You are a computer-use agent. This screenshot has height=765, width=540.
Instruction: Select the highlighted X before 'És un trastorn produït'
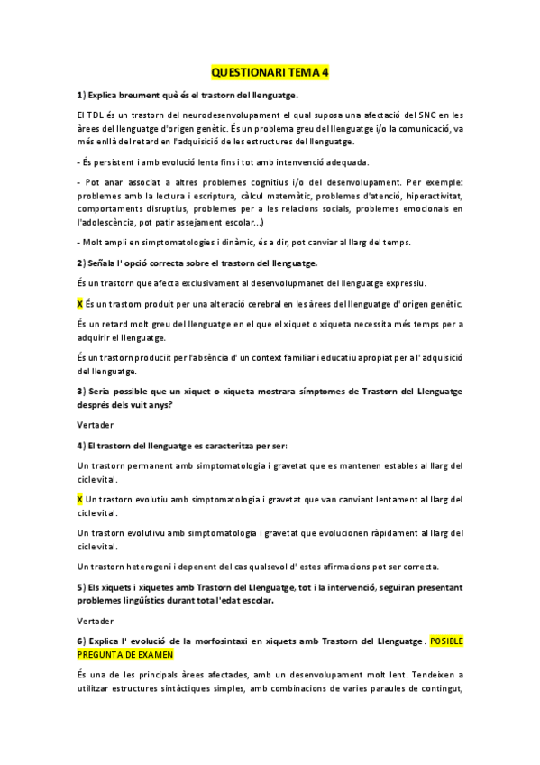click(79, 303)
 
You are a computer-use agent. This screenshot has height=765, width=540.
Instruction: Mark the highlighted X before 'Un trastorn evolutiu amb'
click(79, 499)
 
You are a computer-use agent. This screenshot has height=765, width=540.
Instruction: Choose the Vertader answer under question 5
click(95, 621)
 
